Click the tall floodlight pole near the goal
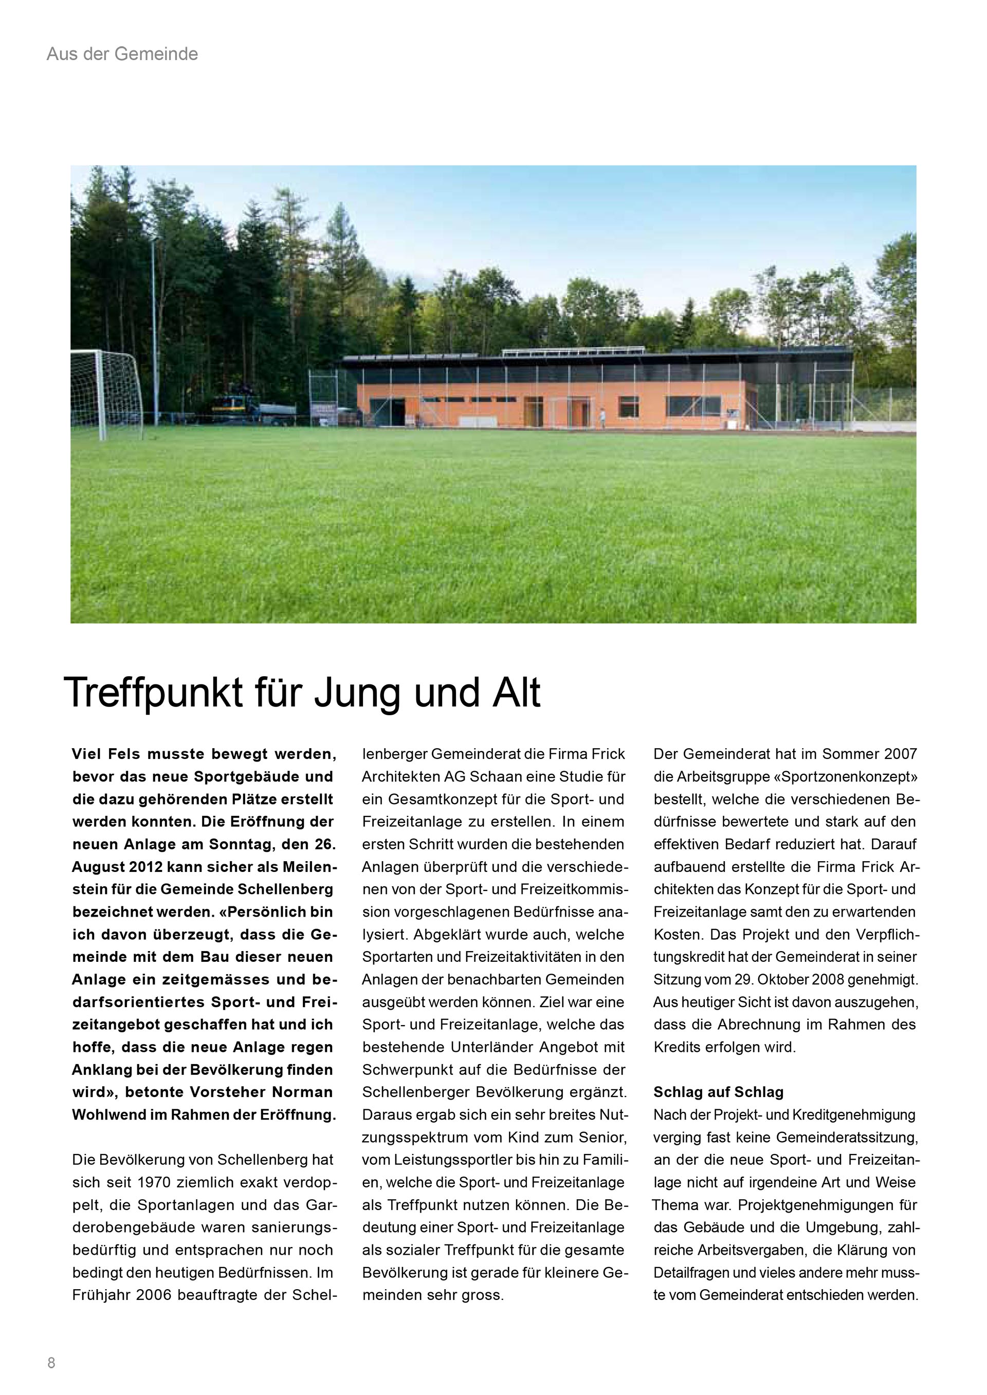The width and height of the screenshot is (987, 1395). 154,328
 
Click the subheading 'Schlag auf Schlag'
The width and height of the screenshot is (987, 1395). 718,1092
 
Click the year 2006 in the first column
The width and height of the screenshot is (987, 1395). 159,1295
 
